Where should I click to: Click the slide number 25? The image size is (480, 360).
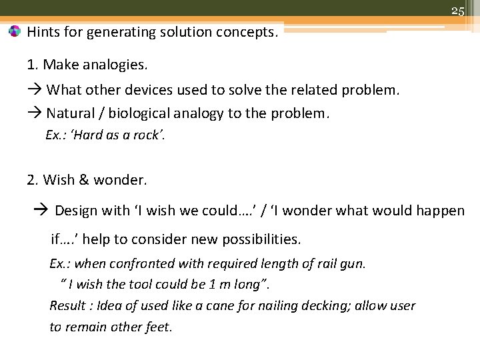click(457, 10)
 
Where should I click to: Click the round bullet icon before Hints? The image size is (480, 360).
click(15, 31)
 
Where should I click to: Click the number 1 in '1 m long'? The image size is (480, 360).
click(212, 285)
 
